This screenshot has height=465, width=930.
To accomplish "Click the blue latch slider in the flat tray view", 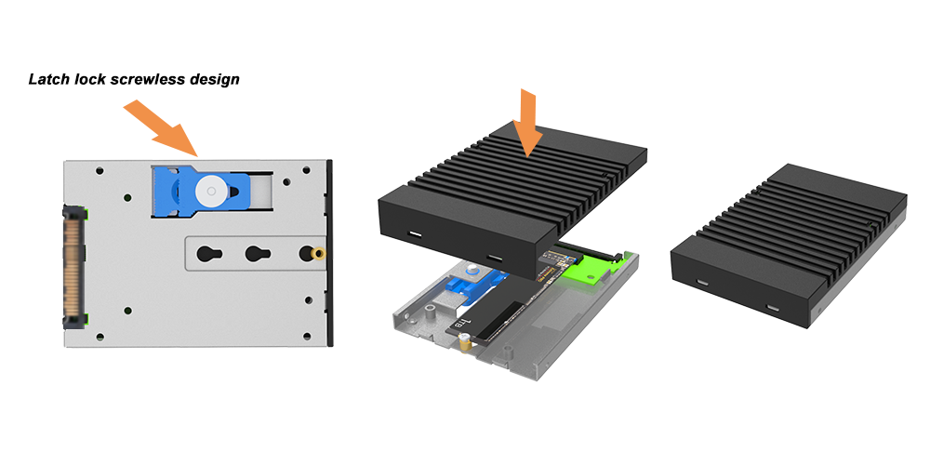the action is pyautogui.click(x=201, y=191).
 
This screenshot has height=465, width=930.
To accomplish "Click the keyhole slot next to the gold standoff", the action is pyautogui.click(x=259, y=255).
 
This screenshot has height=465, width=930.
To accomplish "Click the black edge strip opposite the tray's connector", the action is pyautogui.click(x=330, y=253).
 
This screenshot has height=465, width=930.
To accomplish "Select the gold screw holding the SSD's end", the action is pyautogui.click(x=466, y=342).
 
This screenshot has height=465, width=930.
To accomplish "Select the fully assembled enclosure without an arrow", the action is pyautogui.click(x=789, y=246).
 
